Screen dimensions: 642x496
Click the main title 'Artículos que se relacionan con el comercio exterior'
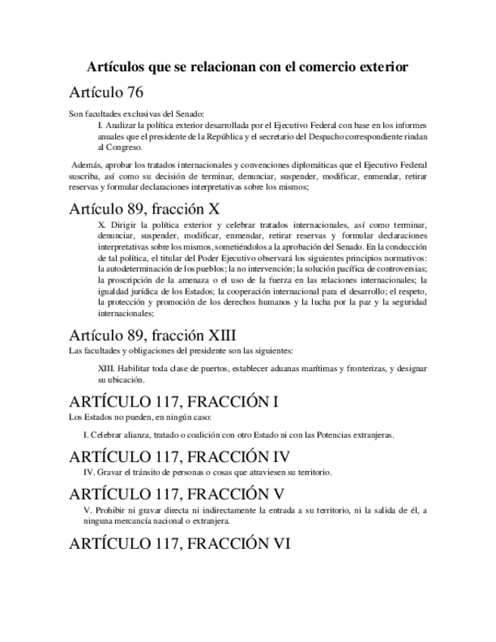coord(248,67)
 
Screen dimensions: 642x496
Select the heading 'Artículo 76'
coord(105,93)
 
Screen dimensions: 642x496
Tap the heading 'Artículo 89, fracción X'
coord(144,208)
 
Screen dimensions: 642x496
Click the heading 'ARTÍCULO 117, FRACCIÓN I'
coord(173,402)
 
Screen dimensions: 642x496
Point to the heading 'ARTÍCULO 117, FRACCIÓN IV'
coord(179,457)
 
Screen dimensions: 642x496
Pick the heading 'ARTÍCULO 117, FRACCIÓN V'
coord(176,494)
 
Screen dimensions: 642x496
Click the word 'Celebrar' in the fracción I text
coord(106,435)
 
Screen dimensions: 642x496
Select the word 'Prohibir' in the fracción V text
coord(107,510)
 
